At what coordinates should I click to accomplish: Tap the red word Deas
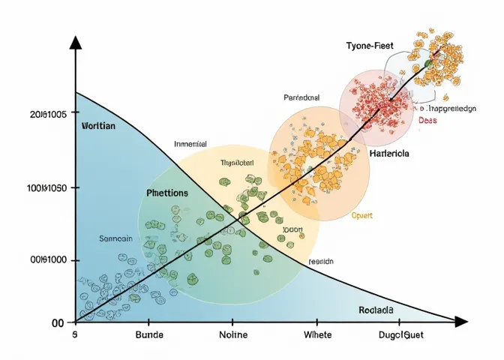(427, 119)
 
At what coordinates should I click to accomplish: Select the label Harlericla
(389, 153)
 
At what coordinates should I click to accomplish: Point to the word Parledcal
(301, 97)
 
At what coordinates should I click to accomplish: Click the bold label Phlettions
(167, 193)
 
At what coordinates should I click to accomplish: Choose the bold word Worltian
(97, 126)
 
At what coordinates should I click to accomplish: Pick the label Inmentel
(190, 144)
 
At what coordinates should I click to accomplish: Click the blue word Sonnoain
(115, 238)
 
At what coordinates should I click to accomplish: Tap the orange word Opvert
(362, 215)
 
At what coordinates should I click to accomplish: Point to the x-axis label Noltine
(237, 334)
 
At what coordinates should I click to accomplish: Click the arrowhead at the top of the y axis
(75, 42)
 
